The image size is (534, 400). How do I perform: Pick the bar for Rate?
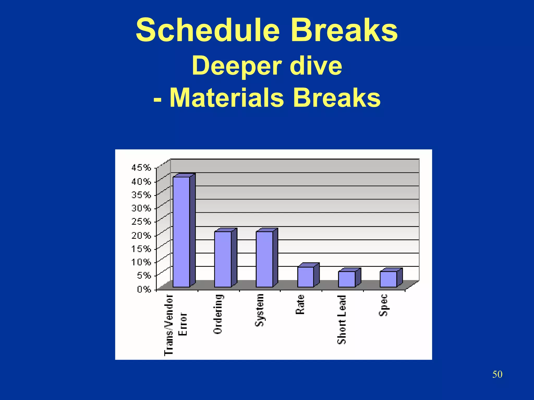click(x=306, y=277)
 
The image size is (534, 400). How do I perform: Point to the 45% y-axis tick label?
click(x=141, y=168)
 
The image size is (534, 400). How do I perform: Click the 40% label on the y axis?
click(x=141, y=181)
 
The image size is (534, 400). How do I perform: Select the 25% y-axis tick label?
click(x=141, y=221)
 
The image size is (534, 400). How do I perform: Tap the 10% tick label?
click(x=141, y=262)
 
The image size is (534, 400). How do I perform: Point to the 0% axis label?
click(x=144, y=289)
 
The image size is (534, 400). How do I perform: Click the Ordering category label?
click(x=218, y=314)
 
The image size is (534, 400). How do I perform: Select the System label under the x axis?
click(x=259, y=310)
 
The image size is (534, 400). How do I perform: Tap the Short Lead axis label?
click(x=342, y=319)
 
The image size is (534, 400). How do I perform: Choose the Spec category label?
click(x=383, y=305)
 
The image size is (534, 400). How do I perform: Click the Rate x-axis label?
click(x=300, y=304)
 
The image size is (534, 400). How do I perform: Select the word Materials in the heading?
click(x=227, y=98)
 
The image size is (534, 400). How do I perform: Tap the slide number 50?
click(x=497, y=374)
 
